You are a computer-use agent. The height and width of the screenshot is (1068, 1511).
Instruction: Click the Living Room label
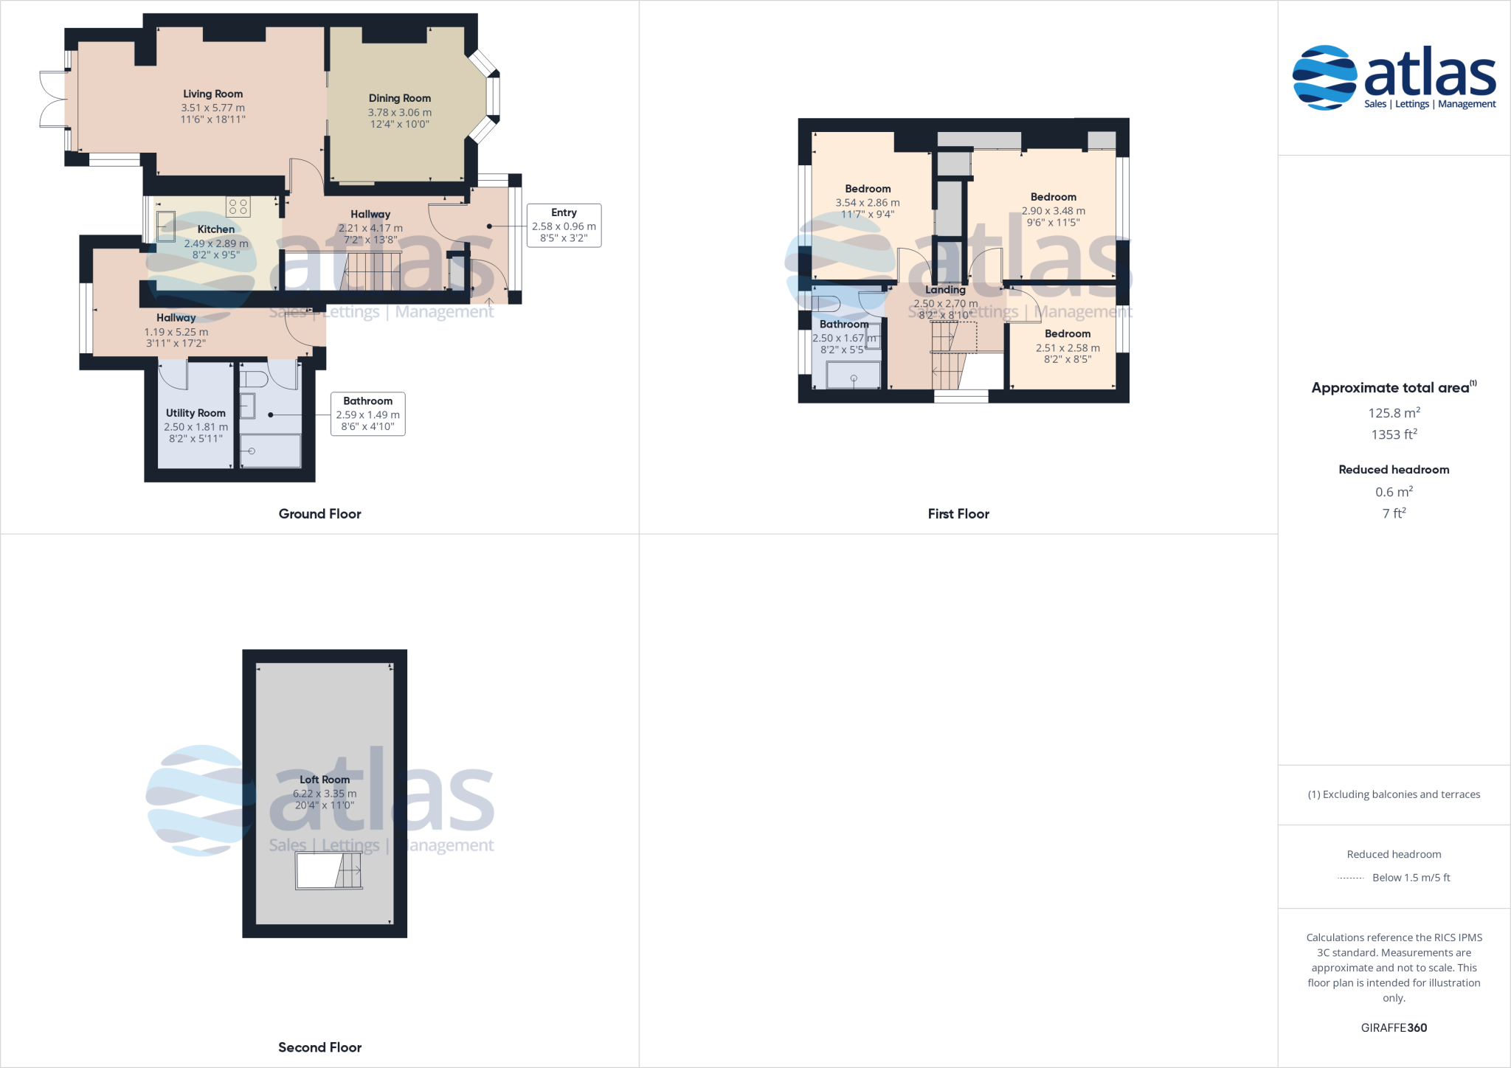[212, 94]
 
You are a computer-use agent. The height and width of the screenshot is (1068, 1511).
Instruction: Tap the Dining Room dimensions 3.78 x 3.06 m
[399, 112]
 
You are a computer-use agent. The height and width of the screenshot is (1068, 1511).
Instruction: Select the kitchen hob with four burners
[238, 207]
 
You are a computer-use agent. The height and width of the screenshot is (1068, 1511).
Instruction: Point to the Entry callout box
[564, 225]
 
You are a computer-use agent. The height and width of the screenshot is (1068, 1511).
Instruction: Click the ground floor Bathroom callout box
[367, 414]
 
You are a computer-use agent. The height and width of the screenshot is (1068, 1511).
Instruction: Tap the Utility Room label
[196, 413]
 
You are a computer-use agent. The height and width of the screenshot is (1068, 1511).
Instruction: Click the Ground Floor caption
[319, 514]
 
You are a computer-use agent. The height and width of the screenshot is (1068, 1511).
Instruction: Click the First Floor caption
[958, 514]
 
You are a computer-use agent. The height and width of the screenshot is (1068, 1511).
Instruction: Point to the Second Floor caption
[319, 1047]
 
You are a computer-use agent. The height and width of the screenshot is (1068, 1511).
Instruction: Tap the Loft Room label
[325, 780]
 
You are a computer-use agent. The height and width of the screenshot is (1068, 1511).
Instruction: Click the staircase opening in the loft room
[329, 871]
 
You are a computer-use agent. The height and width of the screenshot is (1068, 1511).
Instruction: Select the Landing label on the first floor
[945, 290]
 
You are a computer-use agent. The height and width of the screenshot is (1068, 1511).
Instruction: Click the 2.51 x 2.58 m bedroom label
[1067, 347]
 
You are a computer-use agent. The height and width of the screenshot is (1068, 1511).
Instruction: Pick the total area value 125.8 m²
[1394, 413]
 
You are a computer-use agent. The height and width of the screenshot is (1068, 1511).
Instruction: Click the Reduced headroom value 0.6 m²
[1394, 492]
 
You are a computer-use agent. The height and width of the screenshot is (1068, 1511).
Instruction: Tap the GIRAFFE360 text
[1394, 1027]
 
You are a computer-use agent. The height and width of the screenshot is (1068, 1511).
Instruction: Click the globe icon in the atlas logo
[1324, 77]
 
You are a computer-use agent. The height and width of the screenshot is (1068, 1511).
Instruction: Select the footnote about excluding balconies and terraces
[1394, 794]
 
